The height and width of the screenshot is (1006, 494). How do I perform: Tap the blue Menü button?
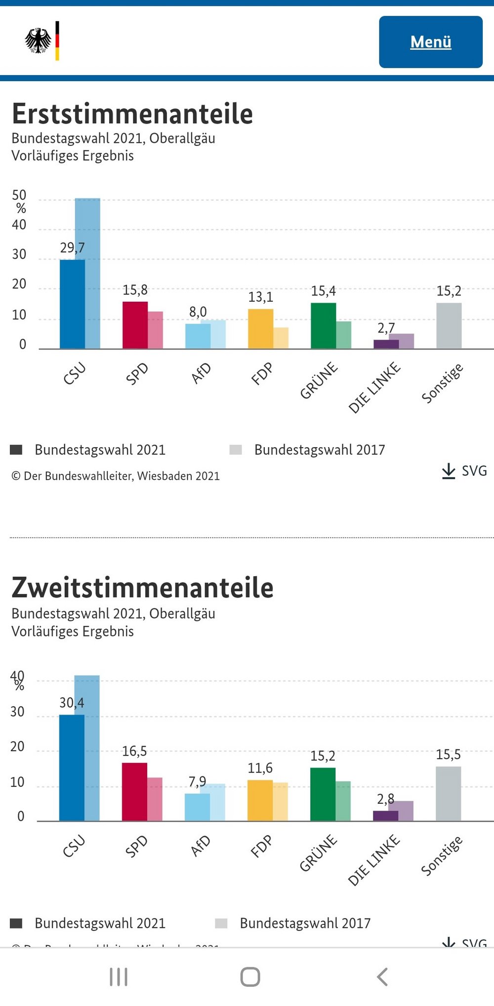(x=430, y=42)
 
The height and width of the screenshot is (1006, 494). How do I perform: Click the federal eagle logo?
(x=38, y=41)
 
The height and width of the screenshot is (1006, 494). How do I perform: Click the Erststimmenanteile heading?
(x=132, y=114)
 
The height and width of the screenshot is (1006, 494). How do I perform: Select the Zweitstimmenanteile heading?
(x=142, y=588)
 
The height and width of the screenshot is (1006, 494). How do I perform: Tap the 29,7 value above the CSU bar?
(x=72, y=248)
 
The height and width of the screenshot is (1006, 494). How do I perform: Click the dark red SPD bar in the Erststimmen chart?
(x=135, y=325)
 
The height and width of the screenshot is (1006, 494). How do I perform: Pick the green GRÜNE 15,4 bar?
(x=323, y=325)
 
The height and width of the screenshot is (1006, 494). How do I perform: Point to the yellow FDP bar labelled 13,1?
(x=260, y=328)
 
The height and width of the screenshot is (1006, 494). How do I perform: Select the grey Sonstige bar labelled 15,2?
(x=449, y=325)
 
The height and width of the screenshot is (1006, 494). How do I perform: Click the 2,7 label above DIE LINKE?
(x=386, y=328)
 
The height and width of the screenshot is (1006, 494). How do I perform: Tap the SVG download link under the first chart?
(x=464, y=471)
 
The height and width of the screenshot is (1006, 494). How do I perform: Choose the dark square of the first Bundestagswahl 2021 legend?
(x=16, y=450)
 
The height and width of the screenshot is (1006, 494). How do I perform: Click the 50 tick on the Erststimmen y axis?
(x=19, y=195)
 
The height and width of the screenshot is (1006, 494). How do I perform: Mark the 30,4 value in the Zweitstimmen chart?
(x=72, y=703)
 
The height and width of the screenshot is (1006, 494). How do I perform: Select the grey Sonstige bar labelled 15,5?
(x=448, y=793)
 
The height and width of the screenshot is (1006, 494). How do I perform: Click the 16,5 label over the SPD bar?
(x=134, y=751)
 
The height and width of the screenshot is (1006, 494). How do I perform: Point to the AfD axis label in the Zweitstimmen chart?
(x=201, y=846)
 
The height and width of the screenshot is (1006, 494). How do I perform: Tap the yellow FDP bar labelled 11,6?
(x=260, y=800)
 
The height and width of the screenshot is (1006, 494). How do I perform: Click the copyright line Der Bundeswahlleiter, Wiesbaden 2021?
(x=116, y=476)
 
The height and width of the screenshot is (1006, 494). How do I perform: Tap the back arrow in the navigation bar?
(x=382, y=977)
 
